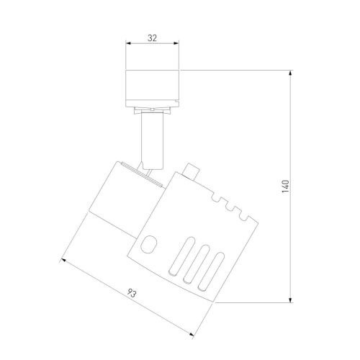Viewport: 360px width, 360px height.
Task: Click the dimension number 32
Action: (x=152, y=38)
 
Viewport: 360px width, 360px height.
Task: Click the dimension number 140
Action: (x=286, y=186)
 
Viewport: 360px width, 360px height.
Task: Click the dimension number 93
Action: (x=132, y=293)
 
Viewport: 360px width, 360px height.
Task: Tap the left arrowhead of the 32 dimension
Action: (x=128, y=43)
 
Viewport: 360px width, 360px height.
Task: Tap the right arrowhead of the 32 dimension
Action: (x=176, y=43)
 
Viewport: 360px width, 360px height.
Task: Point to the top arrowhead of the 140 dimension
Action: (x=291, y=73)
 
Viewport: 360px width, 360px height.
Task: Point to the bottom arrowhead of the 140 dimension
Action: (x=291, y=300)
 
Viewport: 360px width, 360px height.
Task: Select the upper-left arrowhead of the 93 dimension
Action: (x=63, y=260)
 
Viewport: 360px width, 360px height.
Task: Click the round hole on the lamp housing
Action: (x=149, y=244)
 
